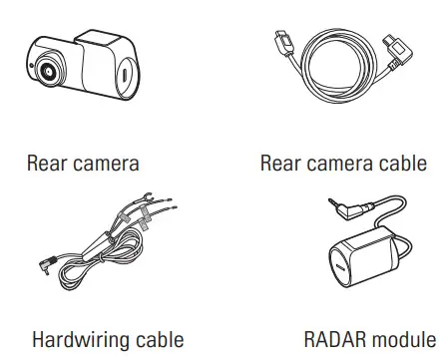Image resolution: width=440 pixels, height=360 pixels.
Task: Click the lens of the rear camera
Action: [47, 72]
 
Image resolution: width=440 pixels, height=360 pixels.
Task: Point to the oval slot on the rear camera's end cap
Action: [125, 78]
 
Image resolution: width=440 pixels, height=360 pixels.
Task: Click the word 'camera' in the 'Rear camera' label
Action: [105, 163]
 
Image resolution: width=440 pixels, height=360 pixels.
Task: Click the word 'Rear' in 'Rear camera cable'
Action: [280, 163]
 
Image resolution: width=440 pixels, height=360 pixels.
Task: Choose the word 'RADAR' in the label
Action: [331, 339]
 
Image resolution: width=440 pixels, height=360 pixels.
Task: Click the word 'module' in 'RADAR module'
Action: [400, 339]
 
